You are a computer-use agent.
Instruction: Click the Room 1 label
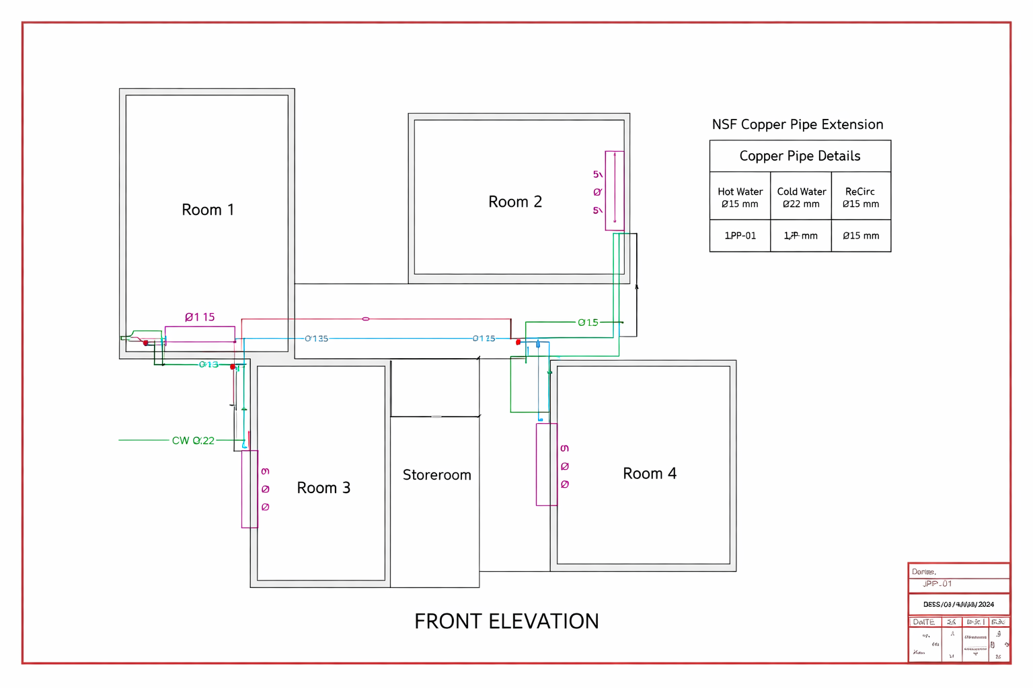208,210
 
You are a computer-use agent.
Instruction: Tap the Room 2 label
514,202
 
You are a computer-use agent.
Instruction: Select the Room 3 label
323,488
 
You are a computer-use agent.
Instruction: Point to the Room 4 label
649,474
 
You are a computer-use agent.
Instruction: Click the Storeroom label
436,475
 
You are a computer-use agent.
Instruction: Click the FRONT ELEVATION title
506,621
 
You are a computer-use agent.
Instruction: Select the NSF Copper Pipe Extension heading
797,124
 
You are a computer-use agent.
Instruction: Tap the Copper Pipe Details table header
800,156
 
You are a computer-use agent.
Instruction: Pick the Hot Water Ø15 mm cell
740,198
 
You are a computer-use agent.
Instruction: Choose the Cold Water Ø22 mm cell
801,198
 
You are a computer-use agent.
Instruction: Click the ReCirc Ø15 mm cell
860,198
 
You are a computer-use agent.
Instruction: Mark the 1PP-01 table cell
740,236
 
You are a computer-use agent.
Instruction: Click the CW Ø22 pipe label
193,441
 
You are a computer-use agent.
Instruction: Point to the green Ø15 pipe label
588,322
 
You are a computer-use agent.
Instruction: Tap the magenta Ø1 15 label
200,317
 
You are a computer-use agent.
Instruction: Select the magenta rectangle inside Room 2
615,191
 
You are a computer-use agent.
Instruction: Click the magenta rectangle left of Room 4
546,464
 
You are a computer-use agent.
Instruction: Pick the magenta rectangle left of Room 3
250,489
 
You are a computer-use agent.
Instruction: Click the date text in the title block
958,605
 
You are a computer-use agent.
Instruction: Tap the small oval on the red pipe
366,319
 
